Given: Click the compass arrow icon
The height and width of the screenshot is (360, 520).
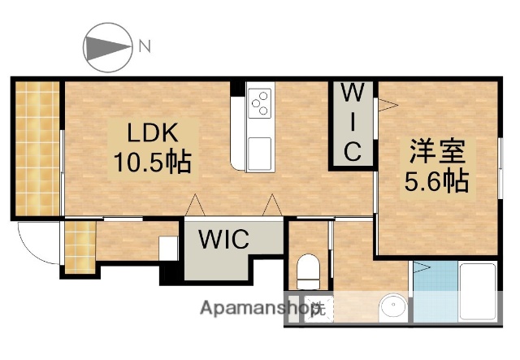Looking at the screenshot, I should (x=108, y=46).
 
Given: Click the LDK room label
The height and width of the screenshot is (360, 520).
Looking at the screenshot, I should (x=150, y=131).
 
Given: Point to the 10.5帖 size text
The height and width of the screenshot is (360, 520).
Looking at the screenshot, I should (x=150, y=161).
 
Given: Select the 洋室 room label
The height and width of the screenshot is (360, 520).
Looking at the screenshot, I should (x=436, y=151).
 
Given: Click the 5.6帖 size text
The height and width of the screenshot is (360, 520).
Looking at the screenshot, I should (x=436, y=181).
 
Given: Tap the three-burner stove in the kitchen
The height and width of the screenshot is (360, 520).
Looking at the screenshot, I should (x=260, y=103).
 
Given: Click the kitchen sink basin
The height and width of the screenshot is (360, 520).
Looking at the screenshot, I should (x=260, y=151).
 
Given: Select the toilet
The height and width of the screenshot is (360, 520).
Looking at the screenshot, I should (x=308, y=271).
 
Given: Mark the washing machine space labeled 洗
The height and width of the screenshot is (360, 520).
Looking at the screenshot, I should (x=318, y=308).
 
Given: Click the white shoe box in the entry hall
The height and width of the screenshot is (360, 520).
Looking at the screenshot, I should (x=168, y=247).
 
